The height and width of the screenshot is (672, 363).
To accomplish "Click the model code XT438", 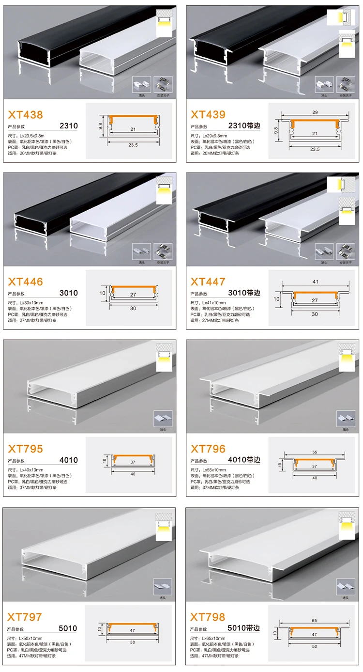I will point(25,115).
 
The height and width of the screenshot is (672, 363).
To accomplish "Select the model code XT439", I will point(208,114).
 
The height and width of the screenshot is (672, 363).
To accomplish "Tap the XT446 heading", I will point(25,281).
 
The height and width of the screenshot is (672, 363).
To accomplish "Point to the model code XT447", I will point(208,281).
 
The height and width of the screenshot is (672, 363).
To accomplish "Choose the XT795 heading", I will point(25,449).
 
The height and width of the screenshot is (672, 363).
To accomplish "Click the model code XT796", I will point(208,449).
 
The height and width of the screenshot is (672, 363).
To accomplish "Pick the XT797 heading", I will point(25,617).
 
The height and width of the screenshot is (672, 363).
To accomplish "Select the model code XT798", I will point(208,617).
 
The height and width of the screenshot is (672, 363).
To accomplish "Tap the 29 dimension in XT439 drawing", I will point(315,112).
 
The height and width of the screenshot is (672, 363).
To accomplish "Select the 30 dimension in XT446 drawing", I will point(132,308).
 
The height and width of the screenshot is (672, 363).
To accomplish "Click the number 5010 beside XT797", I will point(68,628).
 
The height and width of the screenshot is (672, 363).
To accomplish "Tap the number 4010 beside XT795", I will point(68,460).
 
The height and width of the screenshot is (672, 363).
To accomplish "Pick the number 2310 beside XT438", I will point(68,126).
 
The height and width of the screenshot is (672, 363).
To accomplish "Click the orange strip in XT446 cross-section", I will point(132,289).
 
